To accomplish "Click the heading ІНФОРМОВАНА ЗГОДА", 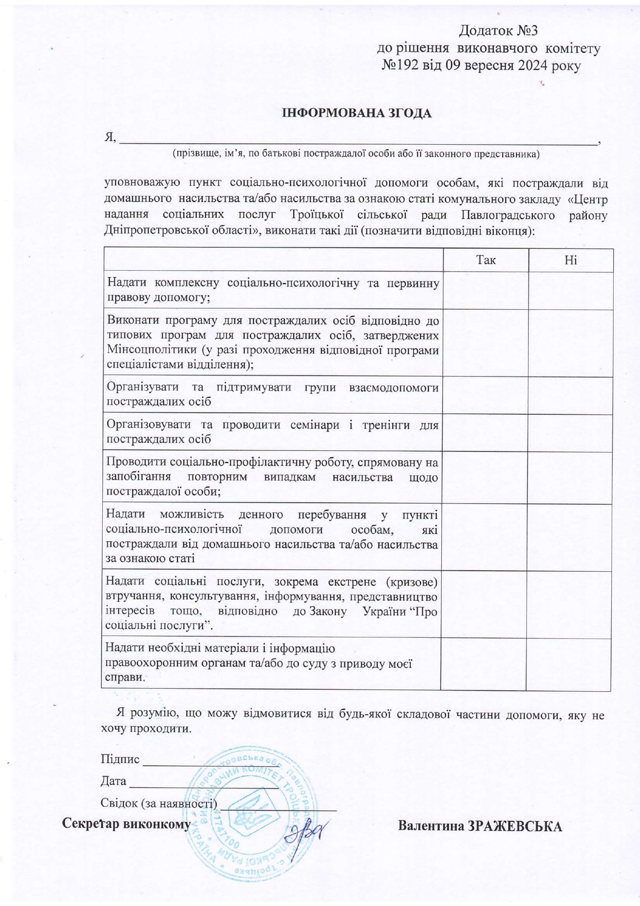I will pos(356,113).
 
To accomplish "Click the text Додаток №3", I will pos(498,31).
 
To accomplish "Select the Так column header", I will pos(486,260).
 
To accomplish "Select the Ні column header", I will pos(570,260).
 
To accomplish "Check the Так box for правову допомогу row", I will pos(486,290).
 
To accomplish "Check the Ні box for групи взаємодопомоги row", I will pos(569,395).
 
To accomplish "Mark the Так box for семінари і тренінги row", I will pos(485,433).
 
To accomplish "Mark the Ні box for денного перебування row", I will pos(569,537).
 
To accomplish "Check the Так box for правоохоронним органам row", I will pos(483,664).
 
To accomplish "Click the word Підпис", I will pos(120,759).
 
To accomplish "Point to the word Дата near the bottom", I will pos(114,781).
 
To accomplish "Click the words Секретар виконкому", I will pos(126,823).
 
